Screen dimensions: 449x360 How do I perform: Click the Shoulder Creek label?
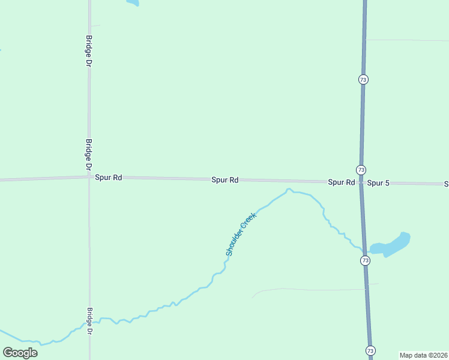tap(241, 234)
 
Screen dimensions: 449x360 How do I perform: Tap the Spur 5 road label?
tap(378, 182)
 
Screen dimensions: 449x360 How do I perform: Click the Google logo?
tap(20, 352)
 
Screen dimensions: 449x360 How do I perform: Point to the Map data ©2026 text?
tap(423, 355)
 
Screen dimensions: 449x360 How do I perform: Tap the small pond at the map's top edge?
tap(132, 2)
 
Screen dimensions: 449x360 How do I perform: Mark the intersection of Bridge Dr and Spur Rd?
tap(89, 177)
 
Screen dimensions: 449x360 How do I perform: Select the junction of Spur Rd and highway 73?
tap(361, 182)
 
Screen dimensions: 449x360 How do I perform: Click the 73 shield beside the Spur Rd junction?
tap(361, 170)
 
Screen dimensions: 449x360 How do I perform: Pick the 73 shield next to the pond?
tap(365, 260)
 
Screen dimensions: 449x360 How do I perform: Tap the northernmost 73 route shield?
tap(363, 79)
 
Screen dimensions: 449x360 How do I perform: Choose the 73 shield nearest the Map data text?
tap(370, 350)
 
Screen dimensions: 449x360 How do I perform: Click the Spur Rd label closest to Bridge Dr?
tap(109, 178)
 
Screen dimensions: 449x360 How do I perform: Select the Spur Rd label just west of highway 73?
tap(341, 182)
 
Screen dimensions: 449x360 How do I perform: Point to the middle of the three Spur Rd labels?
tap(225, 179)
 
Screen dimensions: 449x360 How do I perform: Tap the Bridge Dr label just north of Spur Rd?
tap(89, 154)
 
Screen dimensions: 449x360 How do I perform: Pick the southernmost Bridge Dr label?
tap(89, 322)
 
